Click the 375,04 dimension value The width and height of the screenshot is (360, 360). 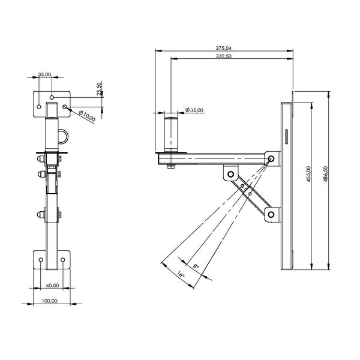224,48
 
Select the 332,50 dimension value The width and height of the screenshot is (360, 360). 224,56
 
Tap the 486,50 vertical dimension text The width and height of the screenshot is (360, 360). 326,174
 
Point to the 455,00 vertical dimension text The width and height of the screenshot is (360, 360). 309,174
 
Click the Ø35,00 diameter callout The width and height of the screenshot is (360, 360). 194,110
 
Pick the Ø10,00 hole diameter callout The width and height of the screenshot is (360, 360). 87,116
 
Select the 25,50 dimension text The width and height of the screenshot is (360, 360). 99,89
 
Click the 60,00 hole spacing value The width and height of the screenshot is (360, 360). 53,286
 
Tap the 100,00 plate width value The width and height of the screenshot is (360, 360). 49,301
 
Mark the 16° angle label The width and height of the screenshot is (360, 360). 181,274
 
